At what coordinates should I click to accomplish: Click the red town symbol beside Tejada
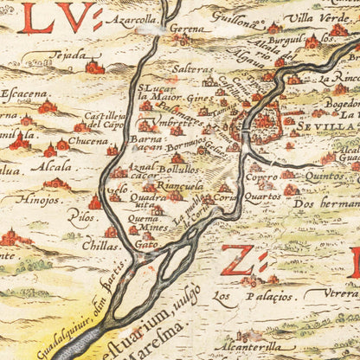pyautogui.click(x=94, y=66)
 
